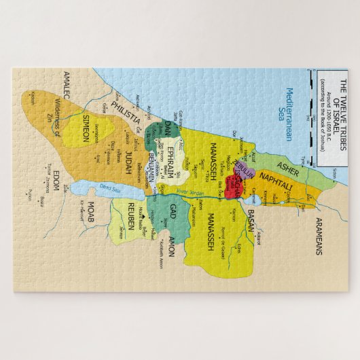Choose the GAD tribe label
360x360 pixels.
[x=173, y=210]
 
